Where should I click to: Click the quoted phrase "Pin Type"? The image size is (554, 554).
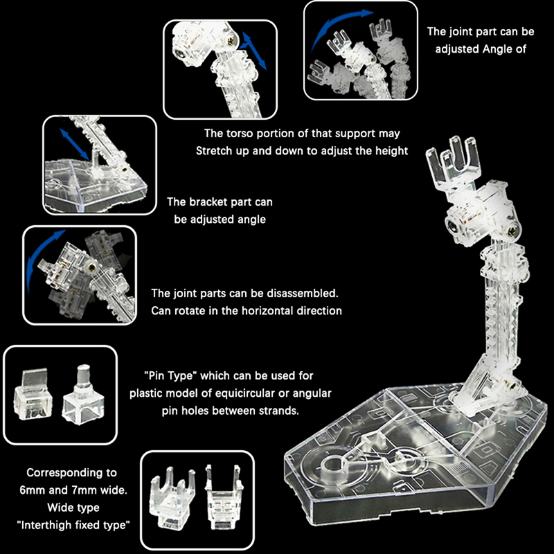point(170,375)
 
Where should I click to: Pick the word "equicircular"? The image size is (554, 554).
point(245,393)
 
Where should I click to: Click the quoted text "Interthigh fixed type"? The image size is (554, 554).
point(73,525)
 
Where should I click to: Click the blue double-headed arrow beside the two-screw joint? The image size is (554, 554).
point(254,51)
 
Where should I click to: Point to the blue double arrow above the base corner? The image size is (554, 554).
point(75,144)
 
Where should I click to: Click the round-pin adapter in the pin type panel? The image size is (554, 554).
point(83,395)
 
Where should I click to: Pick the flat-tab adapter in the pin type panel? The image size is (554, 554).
point(33,394)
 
